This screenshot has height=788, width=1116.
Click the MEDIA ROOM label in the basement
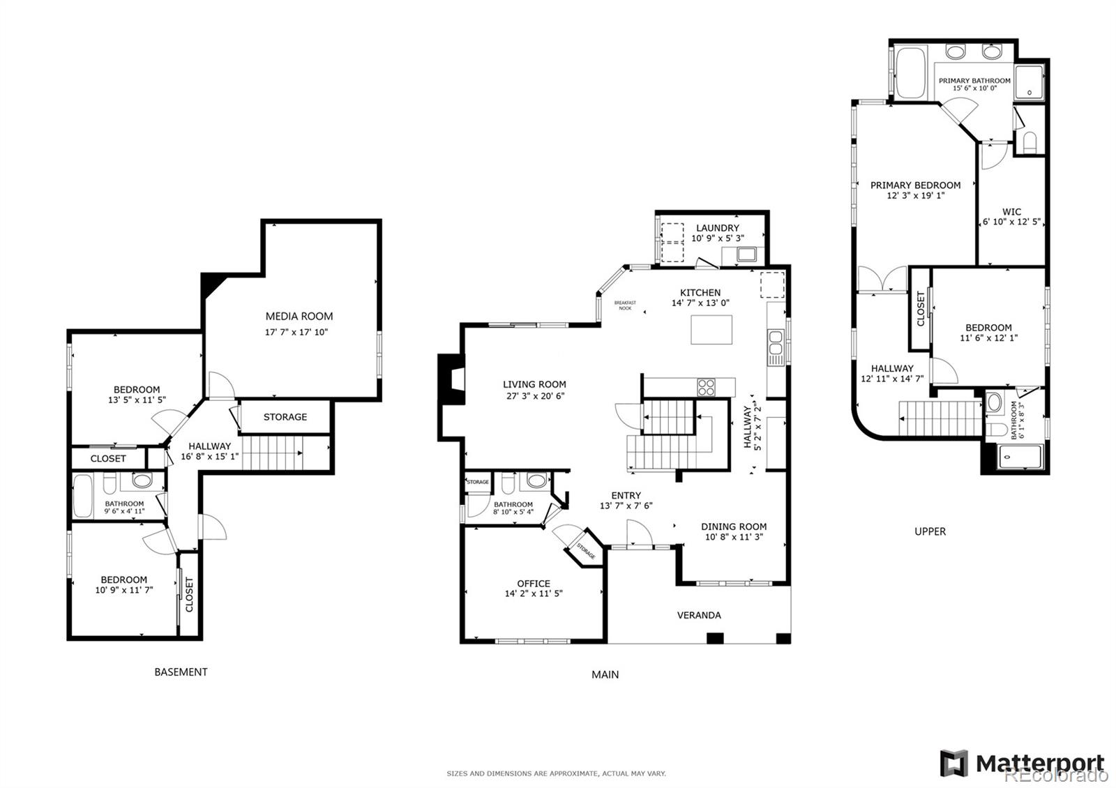[x=299, y=316]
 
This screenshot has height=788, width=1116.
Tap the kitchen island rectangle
[x=711, y=330]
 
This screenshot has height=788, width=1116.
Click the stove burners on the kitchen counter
[x=706, y=386]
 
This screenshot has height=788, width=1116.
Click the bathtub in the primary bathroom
[x=910, y=73]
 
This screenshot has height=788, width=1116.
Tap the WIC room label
[x=1011, y=212]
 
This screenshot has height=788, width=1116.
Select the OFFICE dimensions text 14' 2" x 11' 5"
[x=534, y=594]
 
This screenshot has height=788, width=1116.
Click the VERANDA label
[x=699, y=615]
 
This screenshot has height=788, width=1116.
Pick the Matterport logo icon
[x=953, y=764]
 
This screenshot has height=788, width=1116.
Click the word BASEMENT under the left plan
[x=181, y=672]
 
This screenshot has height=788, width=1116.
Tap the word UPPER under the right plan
[x=930, y=531]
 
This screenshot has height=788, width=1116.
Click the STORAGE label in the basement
[x=285, y=417]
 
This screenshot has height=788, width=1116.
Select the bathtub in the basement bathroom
[x=82, y=496]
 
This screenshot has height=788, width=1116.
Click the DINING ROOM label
[x=734, y=526]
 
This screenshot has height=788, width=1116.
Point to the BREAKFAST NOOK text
[x=625, y=305]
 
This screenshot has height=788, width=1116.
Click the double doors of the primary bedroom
[x=882, y=280]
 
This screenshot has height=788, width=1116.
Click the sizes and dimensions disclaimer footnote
[x=556, y=773]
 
